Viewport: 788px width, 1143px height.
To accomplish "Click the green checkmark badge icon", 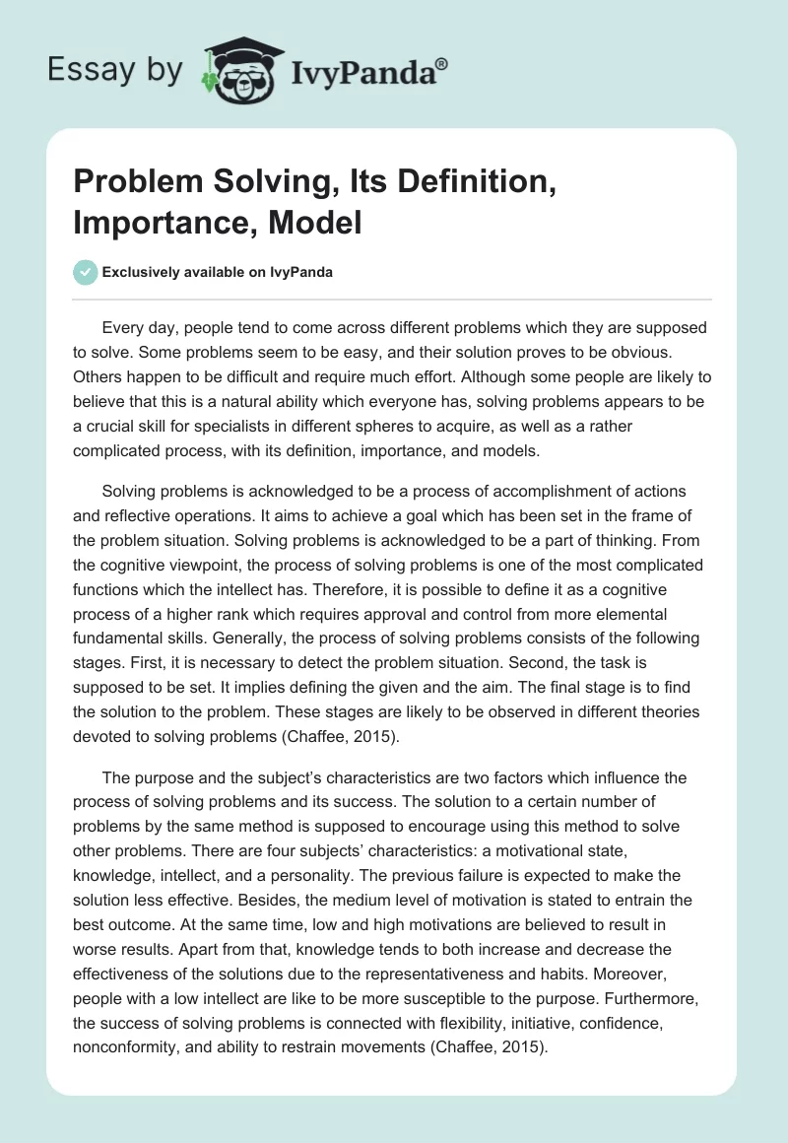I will (x=87, y=273).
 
